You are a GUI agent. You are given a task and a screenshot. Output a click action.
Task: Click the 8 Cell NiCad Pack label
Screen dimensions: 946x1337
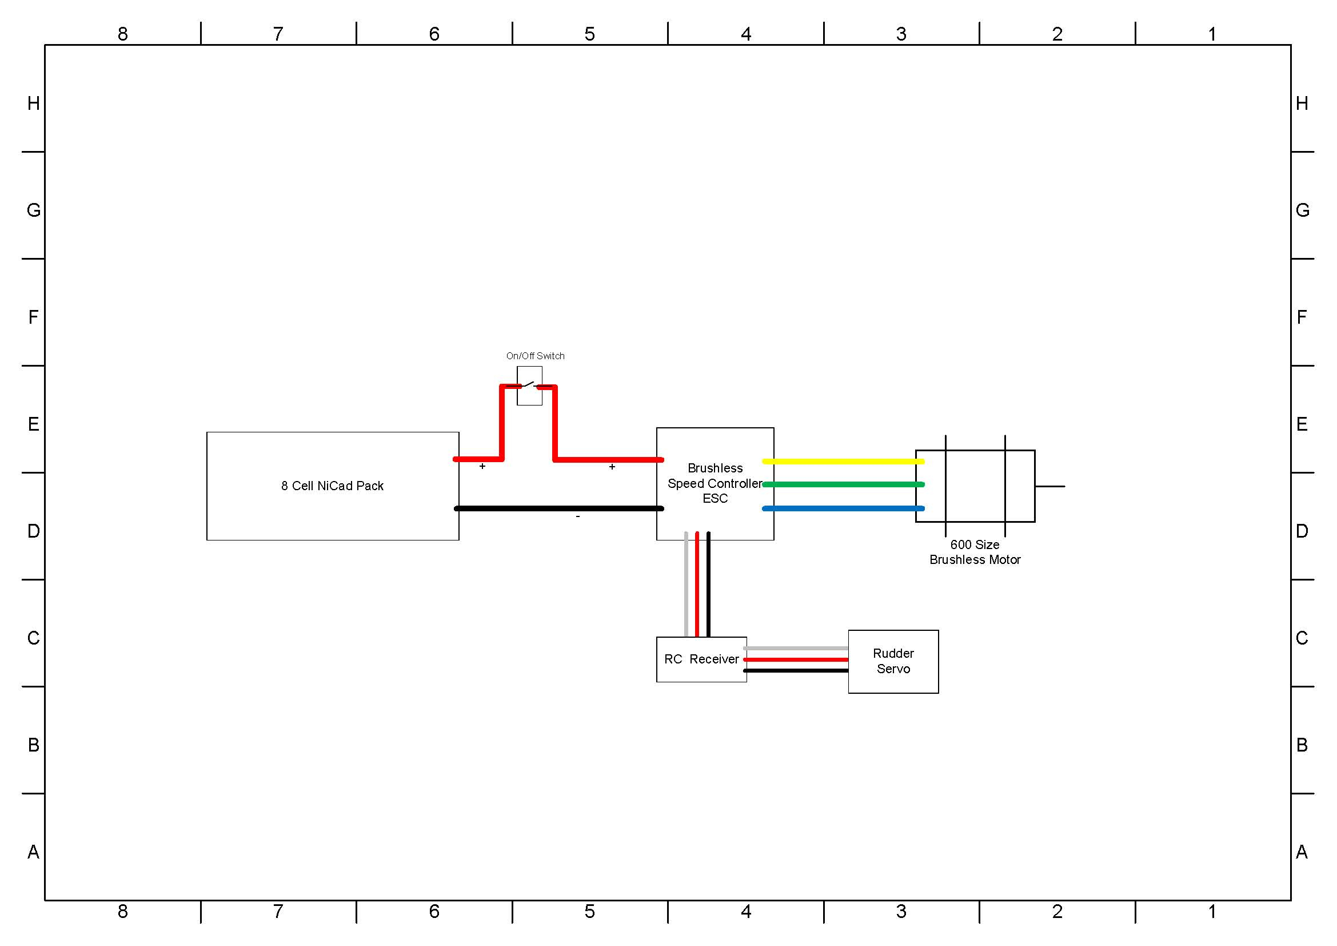pos(332,486)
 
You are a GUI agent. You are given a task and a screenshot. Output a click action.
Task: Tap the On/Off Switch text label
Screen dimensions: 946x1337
pos(535,356)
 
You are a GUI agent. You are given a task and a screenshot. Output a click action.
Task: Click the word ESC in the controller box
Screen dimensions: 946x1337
pos(715,499)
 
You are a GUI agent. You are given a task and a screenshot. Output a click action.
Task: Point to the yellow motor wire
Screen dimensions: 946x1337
pos(843,462)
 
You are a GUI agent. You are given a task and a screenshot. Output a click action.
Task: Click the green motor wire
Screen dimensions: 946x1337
pos(843,484)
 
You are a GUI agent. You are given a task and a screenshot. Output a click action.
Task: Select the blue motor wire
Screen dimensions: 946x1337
pos(843,508)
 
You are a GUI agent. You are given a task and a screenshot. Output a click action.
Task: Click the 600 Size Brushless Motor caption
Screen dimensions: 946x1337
pos(975,553)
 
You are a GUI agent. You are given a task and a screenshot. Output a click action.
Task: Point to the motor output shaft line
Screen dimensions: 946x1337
pos(1050,486)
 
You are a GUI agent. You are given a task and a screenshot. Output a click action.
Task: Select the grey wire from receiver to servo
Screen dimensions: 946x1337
pos(796,649)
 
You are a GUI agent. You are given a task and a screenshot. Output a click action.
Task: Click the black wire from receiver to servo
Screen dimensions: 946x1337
pos(796,670)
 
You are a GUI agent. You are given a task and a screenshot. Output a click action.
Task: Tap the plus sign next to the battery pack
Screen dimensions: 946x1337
pos(482,466)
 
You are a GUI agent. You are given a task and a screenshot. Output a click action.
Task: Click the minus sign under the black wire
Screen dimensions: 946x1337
pos(578,516)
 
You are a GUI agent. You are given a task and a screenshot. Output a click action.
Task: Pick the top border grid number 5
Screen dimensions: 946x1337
pos(589,34)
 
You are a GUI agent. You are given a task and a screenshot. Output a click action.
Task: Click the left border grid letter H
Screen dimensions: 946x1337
pos(34,103)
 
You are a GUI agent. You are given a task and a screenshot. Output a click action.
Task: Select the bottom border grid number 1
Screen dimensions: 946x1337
pos(1212,911)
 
